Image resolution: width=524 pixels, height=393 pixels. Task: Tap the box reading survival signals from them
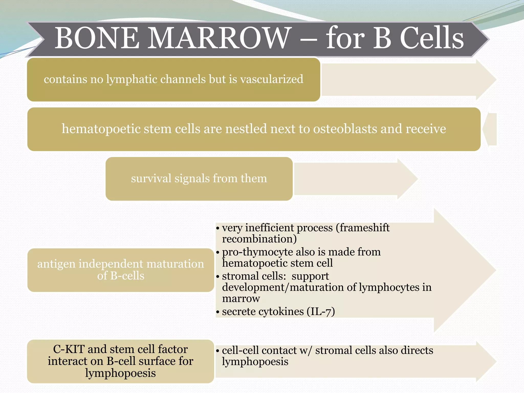199,179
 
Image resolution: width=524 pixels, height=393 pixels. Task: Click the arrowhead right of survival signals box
407,179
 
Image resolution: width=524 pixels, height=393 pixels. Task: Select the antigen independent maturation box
121,270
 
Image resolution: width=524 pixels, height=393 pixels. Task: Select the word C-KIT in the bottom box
69,349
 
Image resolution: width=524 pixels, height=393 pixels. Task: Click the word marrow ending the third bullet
241,299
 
